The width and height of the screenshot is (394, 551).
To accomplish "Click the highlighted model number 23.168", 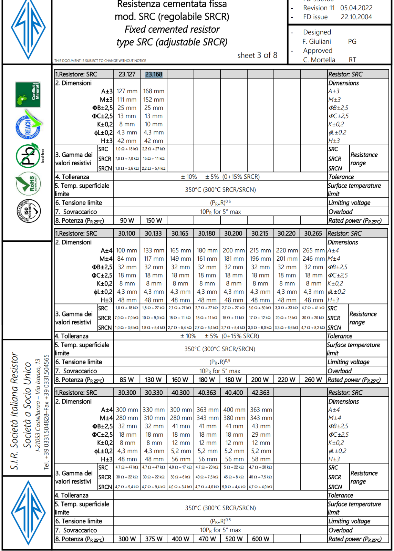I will (154, 74).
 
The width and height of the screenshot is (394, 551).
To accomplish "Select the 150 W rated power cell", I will (154, 220).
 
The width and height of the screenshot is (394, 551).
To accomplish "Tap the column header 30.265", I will (313, 233).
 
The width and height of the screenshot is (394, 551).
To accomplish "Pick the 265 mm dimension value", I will (313, 250).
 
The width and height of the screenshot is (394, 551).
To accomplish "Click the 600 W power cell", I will (261, 539).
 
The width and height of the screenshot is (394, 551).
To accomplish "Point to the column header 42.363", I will (261, 393).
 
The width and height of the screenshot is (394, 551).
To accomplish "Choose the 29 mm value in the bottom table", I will (261, 435).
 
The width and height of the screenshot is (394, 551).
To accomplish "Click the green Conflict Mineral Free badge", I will (28, 94).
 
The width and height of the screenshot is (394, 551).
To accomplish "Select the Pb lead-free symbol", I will (28, 156).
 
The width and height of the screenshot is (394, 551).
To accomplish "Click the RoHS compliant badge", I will (28, 184).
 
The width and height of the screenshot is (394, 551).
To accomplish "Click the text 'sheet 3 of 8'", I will (257, 55).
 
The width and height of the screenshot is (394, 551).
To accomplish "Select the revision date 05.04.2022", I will (356, 8).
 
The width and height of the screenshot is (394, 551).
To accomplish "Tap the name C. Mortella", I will (319, 60).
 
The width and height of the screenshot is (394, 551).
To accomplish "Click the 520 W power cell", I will (234, 539).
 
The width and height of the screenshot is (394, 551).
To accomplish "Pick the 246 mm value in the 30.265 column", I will (313, 259).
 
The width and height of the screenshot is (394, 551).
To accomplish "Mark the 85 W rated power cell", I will (127, 380).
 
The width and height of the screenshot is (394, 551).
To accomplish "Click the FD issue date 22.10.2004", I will (356, 17).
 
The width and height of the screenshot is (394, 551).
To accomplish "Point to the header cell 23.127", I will (127, 74).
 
